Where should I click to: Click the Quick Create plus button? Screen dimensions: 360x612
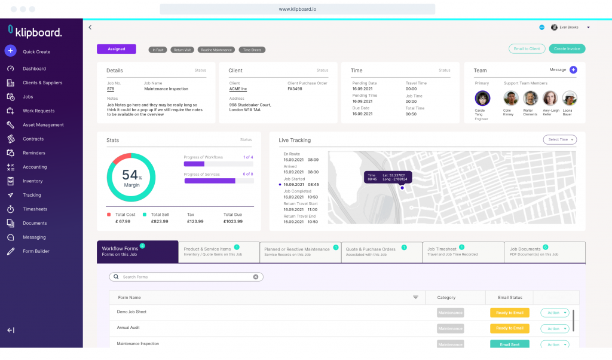10,51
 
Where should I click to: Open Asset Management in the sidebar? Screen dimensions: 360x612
43,125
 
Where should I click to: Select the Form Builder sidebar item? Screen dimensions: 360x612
36,251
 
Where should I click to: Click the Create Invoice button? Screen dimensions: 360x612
567,49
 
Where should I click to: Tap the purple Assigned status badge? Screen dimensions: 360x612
117,49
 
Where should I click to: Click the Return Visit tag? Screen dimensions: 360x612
182,50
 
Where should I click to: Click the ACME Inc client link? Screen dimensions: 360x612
238,89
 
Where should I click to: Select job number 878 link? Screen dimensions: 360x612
111,89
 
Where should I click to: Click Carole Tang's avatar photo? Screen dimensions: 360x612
482,98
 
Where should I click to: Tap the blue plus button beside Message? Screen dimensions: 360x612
573,70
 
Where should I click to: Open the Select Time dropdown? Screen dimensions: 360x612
560,139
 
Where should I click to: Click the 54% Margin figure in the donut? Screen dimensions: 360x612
131,177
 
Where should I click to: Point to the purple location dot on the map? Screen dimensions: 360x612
402,188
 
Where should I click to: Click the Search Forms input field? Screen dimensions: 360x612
186,277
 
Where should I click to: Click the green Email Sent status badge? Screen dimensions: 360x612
509,344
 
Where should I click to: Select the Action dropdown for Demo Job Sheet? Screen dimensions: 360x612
555,313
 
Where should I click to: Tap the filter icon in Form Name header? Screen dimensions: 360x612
415,297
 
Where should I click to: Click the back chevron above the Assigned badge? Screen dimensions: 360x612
90,28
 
